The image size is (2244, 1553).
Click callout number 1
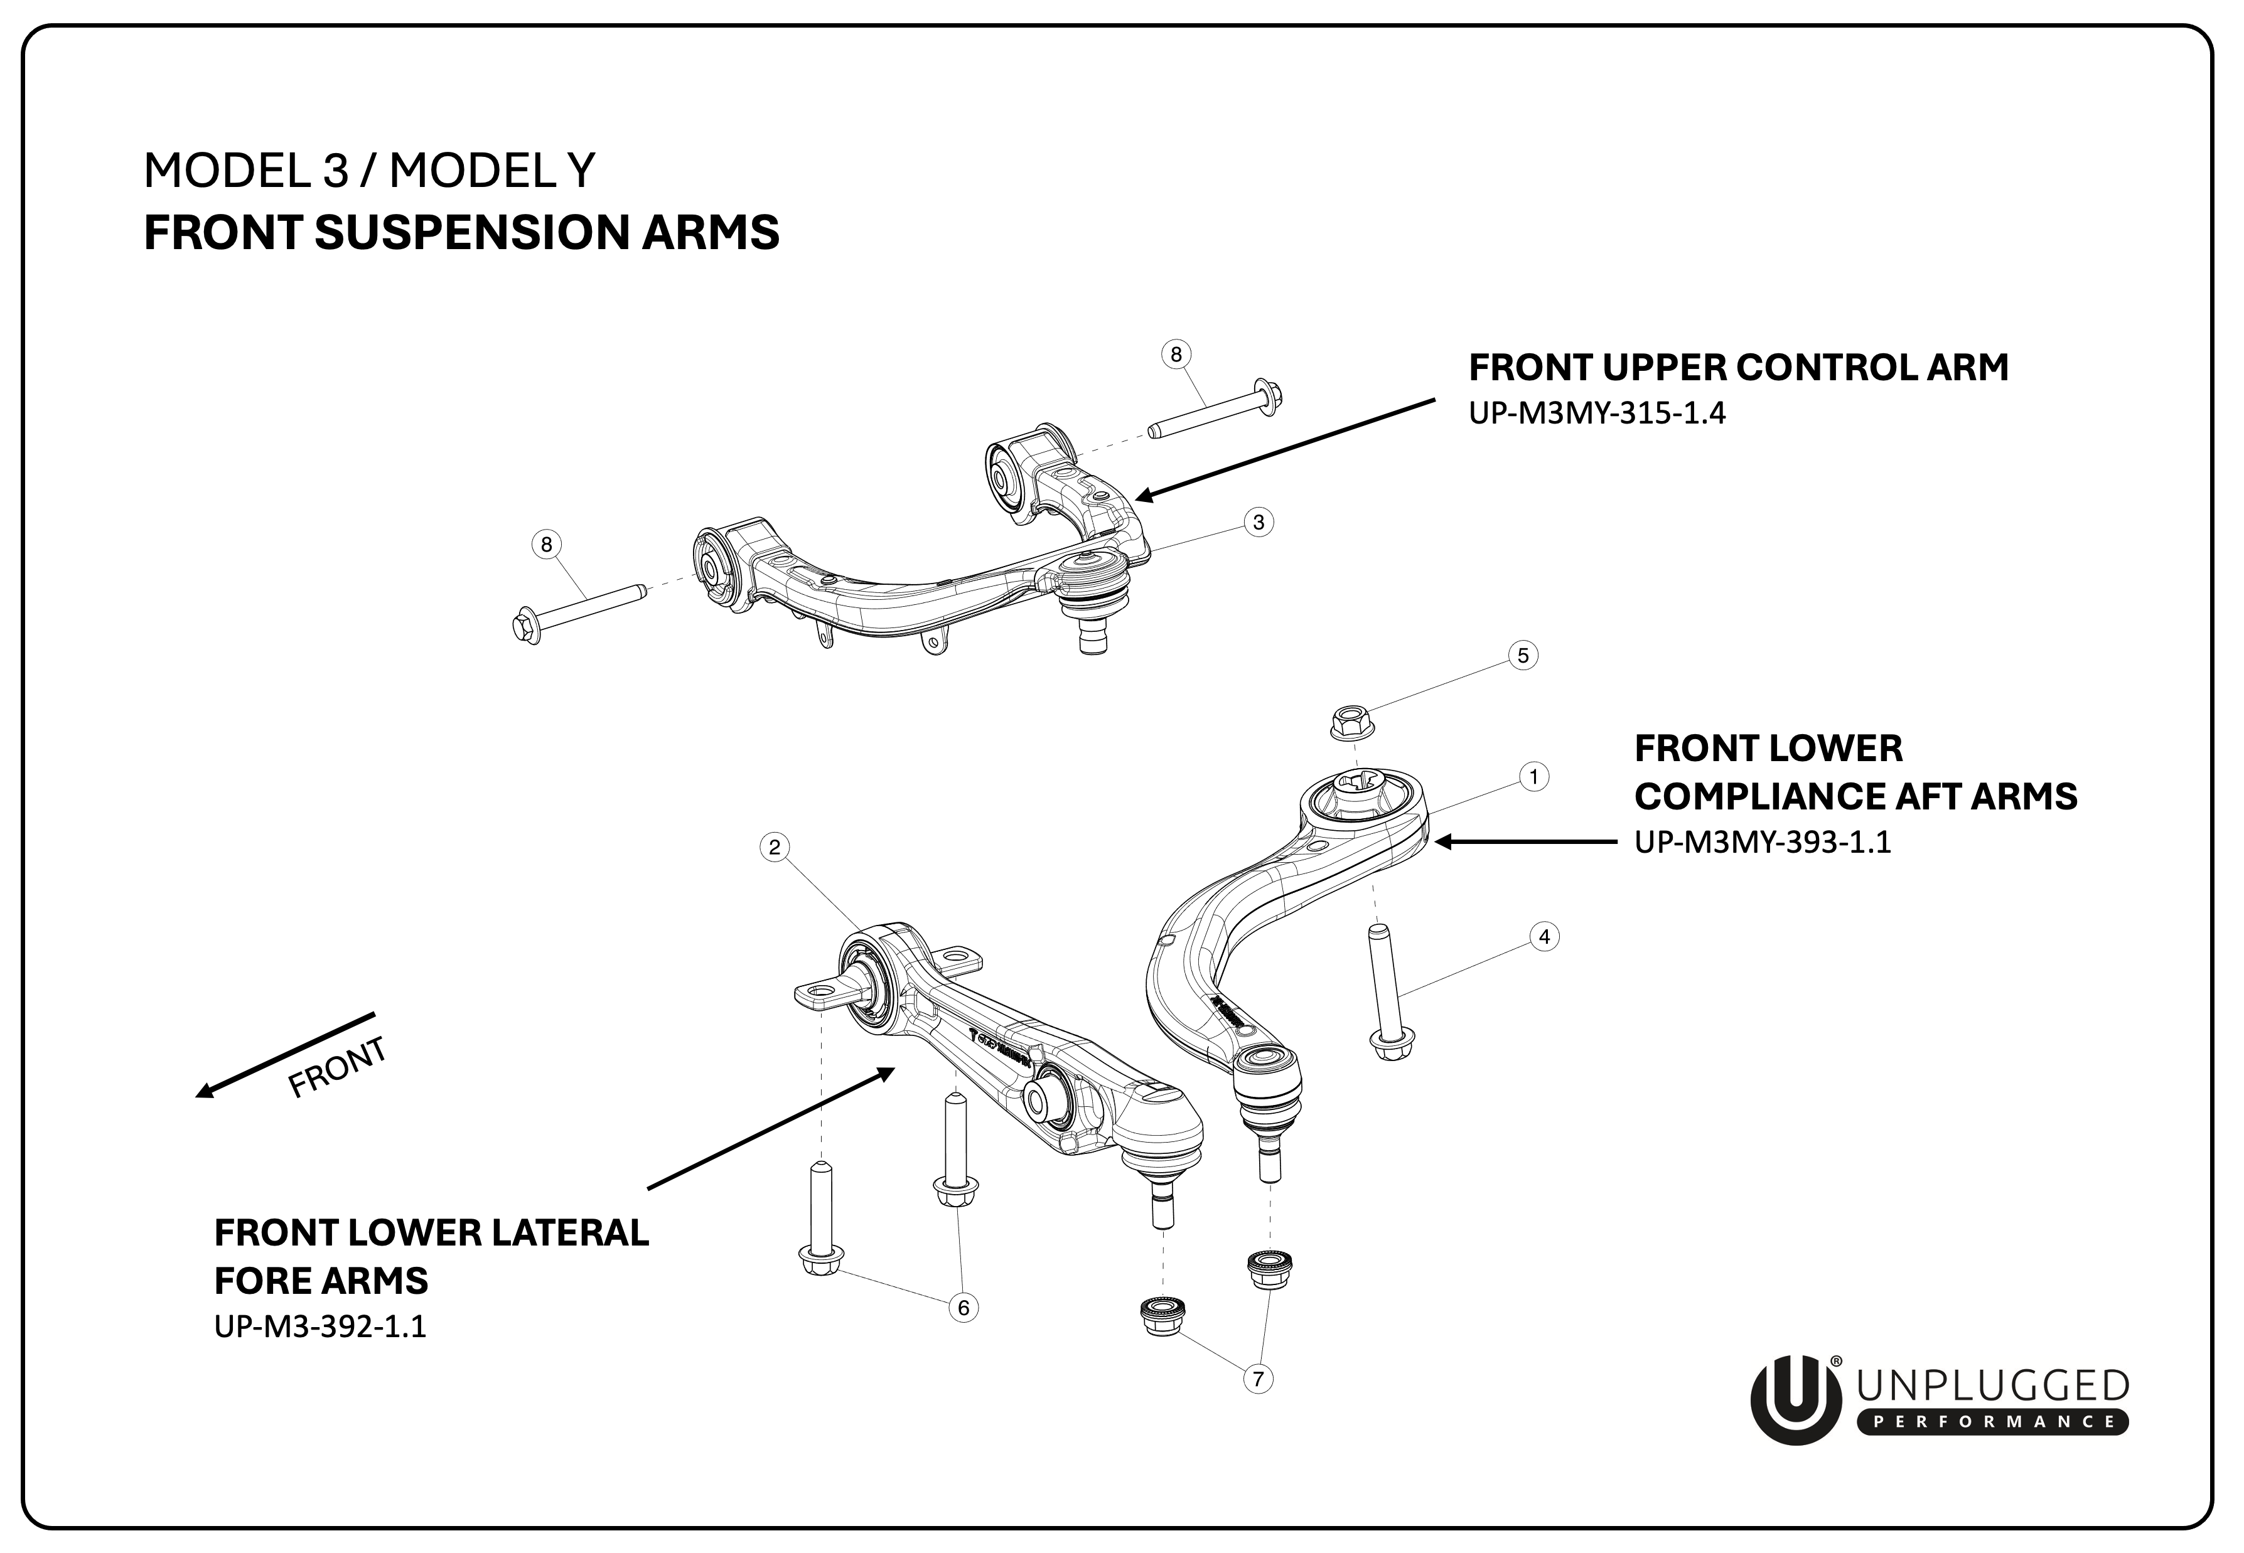[x=1533, y=777]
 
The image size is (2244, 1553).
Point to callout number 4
[x=1543, y=937]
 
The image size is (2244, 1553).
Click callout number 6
[x=964, y=1307]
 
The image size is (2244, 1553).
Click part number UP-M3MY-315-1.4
[x=1597, y=414]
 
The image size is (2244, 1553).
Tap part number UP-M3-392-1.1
[x=320, y=1326]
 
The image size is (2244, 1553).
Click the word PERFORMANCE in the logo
[x=1992, y=1422]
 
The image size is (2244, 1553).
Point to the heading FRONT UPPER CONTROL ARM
[x=1738, y=368]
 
